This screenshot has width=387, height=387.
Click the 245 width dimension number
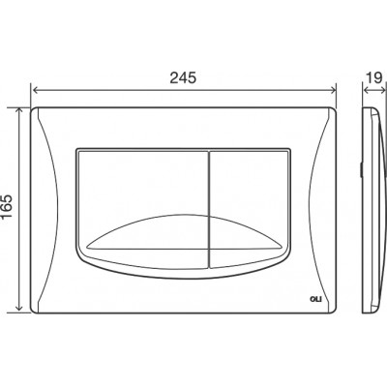click(183, 77)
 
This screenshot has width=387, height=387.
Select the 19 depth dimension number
click(374, 77)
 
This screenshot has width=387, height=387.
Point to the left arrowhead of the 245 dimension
click(35, 90)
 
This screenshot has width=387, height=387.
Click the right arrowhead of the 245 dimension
click(333, 90)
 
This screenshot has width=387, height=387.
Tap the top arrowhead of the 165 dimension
click(19, 111)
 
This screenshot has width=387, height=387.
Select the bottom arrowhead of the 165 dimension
click(19, 309)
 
